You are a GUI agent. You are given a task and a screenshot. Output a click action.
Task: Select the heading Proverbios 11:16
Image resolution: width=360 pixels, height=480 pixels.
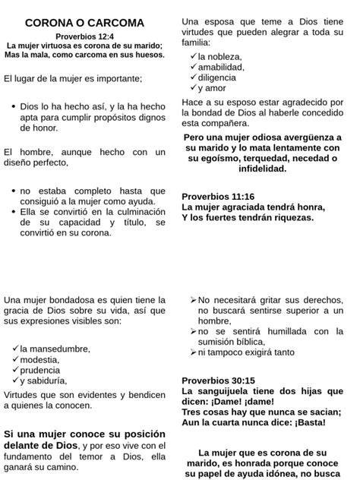[218, 194]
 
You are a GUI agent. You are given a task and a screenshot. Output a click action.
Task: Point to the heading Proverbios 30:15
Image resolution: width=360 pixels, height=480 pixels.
[218, 380]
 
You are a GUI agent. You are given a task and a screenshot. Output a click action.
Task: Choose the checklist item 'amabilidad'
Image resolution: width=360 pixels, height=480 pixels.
[221, 67]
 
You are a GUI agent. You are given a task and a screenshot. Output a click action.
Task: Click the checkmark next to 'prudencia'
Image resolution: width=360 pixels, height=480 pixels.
[14, 370]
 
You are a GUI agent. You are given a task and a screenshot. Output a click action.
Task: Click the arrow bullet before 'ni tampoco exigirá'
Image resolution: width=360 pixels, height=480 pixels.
[193, 352]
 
